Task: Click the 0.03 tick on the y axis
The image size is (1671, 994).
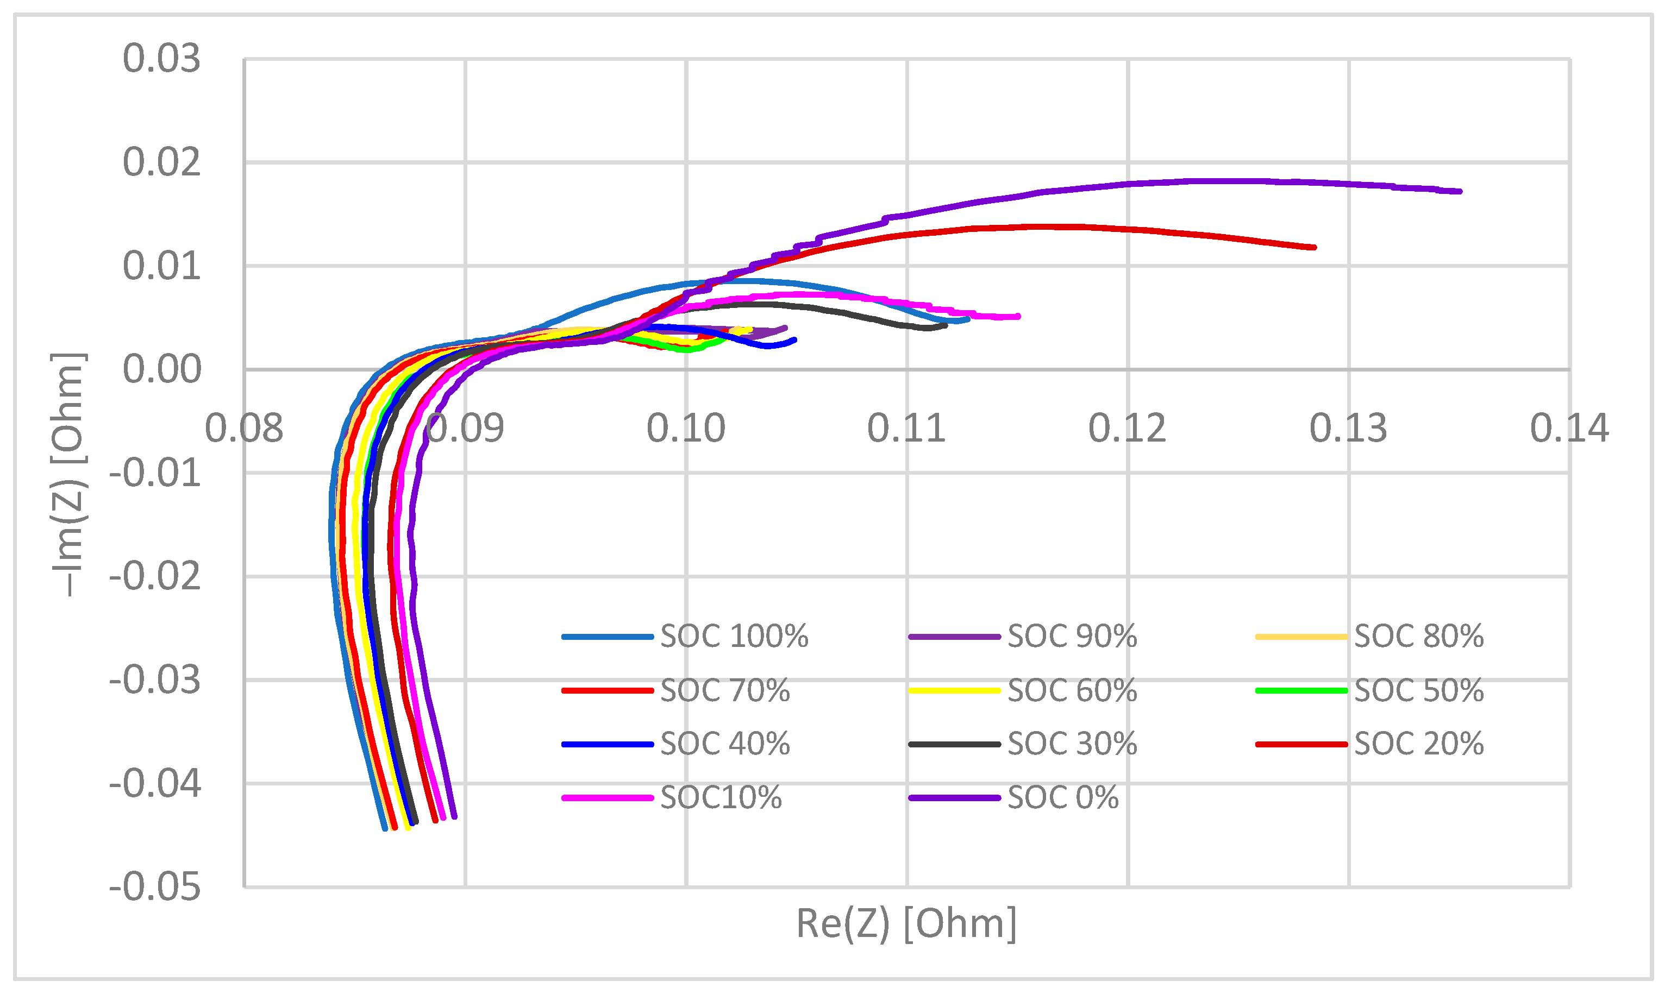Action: tap(161, 59)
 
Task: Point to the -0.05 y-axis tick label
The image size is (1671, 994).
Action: tap(155, 888)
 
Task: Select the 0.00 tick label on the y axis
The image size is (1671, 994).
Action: tap(161, 370)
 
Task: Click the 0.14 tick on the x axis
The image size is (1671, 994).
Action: tap(1569, 429)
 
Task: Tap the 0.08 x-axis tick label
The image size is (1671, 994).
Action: tap(244, 429)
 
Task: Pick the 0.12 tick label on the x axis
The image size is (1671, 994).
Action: tap(1128, 429)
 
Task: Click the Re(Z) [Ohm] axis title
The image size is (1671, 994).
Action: tap(906, 924)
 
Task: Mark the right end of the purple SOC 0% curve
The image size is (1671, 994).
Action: tap(1460, 192)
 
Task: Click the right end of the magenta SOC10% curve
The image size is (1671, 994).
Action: tap(1018, 316)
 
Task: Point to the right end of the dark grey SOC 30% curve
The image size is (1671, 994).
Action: tap(946, 325)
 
